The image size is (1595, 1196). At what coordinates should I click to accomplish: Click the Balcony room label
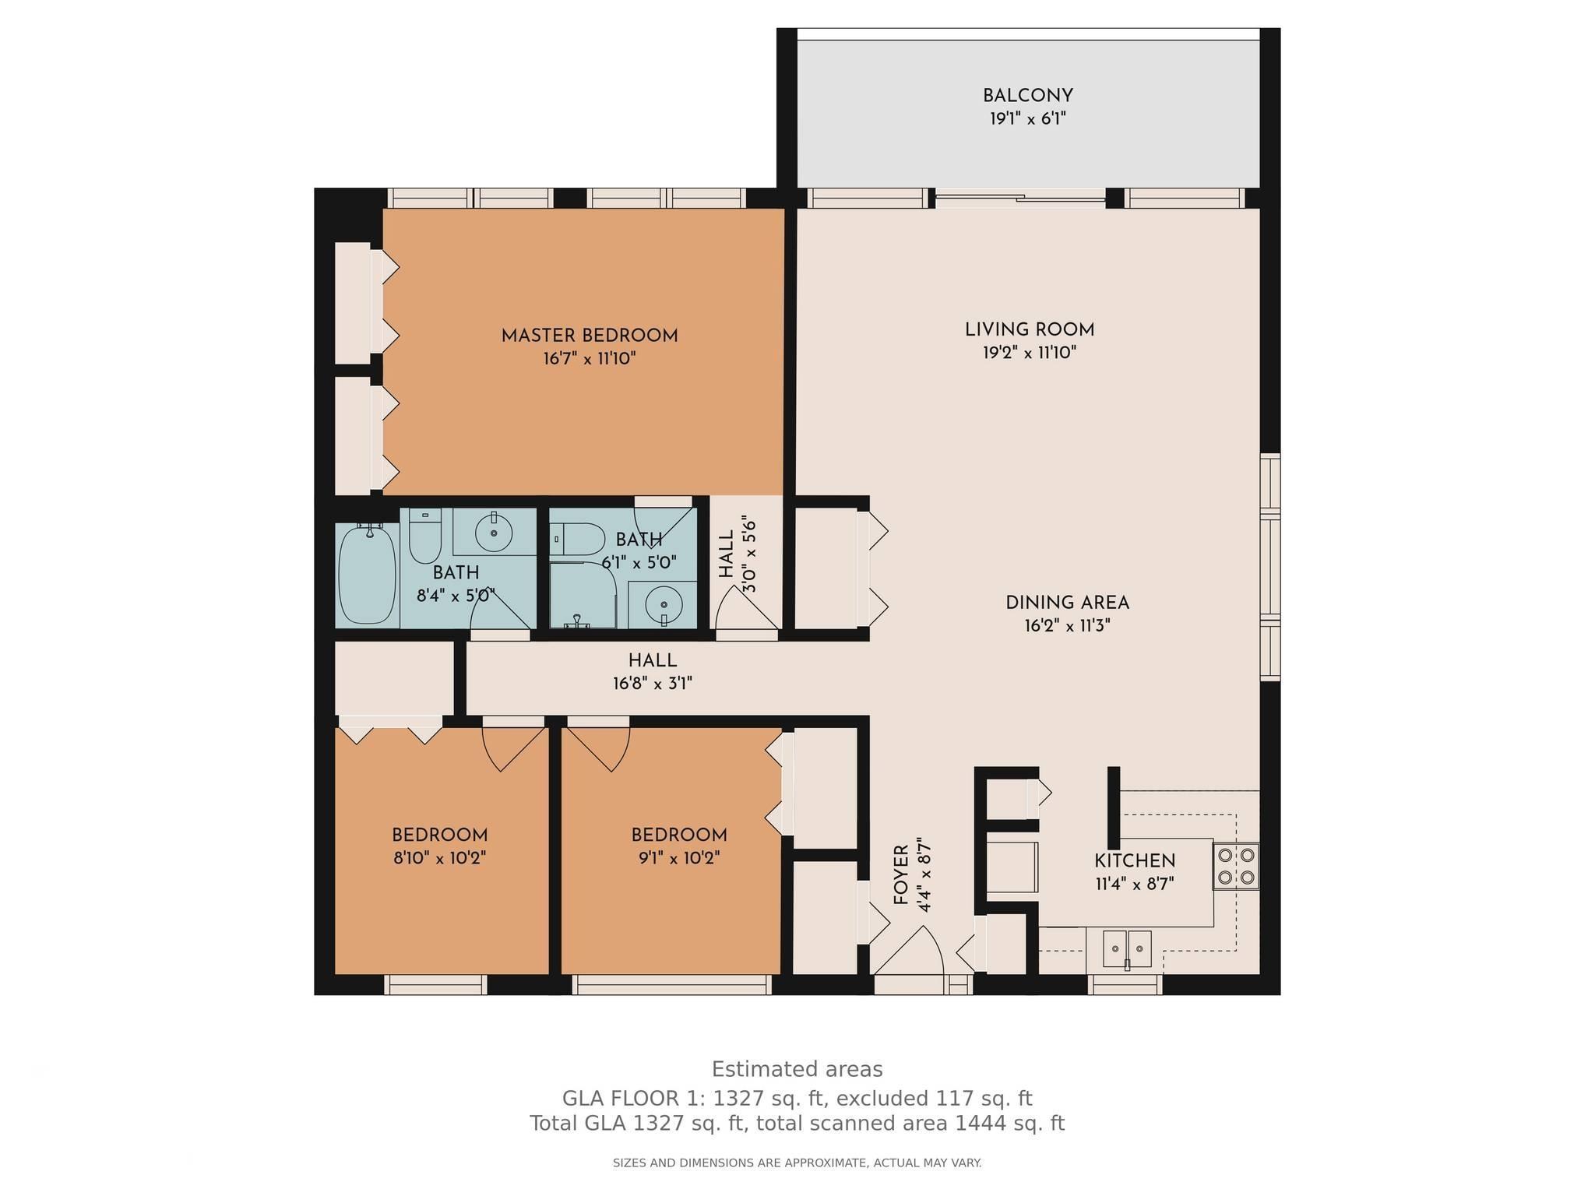coord(1027,96)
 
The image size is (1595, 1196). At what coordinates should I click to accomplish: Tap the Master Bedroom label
coord(590,336)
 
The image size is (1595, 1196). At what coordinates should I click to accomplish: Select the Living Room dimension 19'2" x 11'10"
coord(1029,353)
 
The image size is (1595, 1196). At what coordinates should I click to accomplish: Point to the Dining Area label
coord(1067,603)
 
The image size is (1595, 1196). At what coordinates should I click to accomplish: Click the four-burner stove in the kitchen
coord(1236,866)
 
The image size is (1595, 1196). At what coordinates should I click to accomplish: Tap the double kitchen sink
coord(1127,949)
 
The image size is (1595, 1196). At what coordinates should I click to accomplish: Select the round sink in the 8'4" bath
coord(494,533)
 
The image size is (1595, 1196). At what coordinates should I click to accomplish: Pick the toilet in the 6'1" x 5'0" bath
coord(577,538)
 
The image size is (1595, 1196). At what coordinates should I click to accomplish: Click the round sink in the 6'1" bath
coord(664,604)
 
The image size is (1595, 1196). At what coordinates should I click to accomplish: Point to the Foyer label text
coord(900,874)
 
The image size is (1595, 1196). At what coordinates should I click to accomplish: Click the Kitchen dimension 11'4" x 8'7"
coord(1135,884)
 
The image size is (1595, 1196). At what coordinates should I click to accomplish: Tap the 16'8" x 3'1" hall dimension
coord(653,684)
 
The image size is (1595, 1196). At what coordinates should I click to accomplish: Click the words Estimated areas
coord(797,1069)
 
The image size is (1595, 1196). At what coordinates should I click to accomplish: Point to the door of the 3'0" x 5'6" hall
coord(747,608)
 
